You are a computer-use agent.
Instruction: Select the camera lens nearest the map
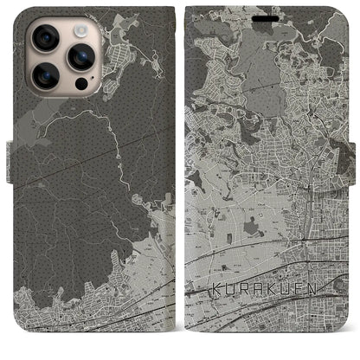click(80, 57)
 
